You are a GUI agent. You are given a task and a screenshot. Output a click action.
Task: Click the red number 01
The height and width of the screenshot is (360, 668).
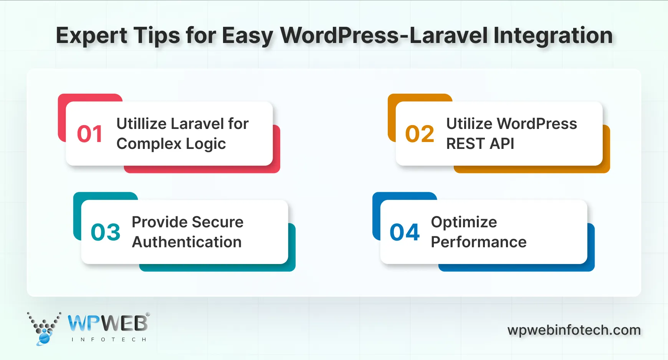point(90,134)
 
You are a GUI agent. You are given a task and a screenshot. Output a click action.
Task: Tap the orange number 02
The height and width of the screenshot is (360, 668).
point(420,134)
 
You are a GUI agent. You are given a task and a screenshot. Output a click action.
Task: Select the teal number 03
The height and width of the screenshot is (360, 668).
point(106,232)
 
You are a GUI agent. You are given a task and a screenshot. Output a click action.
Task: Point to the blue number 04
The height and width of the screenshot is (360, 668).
point(405,232)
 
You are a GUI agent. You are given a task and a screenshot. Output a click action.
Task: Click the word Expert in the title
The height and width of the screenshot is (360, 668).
point(91,36)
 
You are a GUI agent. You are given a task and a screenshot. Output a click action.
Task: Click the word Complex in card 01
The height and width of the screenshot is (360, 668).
point(149,144)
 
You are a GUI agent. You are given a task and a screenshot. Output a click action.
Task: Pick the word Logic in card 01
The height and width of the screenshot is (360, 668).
point(206,144)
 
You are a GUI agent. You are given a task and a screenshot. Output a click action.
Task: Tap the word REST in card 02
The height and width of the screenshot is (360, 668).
point(465,144)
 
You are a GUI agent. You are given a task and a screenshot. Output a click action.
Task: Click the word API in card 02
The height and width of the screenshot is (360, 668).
point(502,144)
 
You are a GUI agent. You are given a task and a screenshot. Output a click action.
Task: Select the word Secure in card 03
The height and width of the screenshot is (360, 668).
point(218,222)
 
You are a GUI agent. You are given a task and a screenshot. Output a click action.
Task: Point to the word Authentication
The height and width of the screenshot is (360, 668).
point(187,242)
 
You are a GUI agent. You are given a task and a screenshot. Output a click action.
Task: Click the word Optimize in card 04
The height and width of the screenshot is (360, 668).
point(464,222)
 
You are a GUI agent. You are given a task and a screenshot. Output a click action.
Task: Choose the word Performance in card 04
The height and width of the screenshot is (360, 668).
point(479,242)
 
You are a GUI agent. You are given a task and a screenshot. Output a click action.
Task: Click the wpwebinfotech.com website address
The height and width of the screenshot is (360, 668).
point(574,330)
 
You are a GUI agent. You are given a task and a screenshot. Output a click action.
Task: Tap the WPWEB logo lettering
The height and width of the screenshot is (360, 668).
point(108,323)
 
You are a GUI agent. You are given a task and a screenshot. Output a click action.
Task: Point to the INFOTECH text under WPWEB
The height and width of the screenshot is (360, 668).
point(109,340)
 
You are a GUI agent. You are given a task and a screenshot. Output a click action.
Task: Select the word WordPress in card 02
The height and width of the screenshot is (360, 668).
point(537,124)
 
